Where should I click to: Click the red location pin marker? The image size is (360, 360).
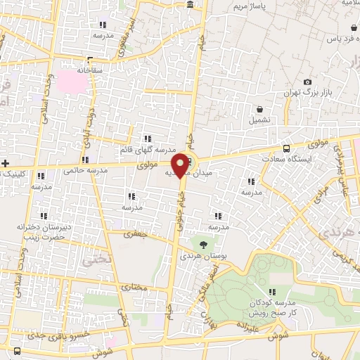pyautogui.click(x=180, y=165)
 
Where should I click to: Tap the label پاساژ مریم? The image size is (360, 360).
pyautogui.click(x=252, y=7)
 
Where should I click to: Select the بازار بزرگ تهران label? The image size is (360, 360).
pyautogui.click(x=311, y=93)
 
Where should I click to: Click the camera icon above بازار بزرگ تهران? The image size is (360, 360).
pyautogui.click(x=307, y=82)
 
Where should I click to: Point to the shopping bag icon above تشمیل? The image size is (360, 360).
pyautogui.click(x=261, y=109)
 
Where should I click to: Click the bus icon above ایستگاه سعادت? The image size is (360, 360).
pyautogui.click(x=285, y=148)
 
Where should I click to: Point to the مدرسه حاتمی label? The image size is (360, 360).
pyautogui.click(x=84, y=170)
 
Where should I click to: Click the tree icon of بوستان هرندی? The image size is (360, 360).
pyautogui.click(x=203, y=245)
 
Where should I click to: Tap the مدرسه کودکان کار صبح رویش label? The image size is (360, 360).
pyautogui.click(x=275, y=306)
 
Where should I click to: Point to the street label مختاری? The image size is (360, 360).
pyautogui.click(x=134, y=288)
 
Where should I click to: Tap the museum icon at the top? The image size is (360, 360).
pyautogui.click(x=191, y=6)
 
